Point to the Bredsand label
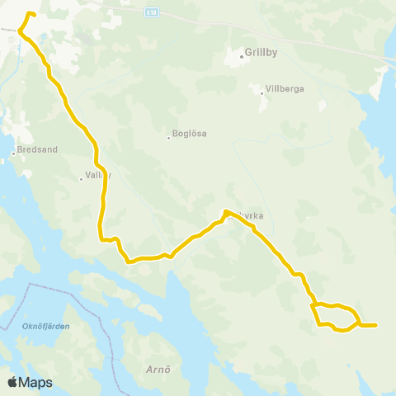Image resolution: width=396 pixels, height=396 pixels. (36, 152)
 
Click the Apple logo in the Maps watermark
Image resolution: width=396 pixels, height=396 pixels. (12, 382)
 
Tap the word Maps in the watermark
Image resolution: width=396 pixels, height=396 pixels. (35, 382)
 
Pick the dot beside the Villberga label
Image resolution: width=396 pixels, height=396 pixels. (262, 92)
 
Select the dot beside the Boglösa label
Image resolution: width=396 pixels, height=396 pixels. (168, 138)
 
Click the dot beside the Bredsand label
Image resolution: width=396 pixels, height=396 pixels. (14, 153)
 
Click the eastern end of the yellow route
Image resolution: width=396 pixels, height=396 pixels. (375, 325)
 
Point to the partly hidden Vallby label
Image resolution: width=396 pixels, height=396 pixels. (95, 177)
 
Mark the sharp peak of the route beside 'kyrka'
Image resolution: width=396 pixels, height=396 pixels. (225, 212)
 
